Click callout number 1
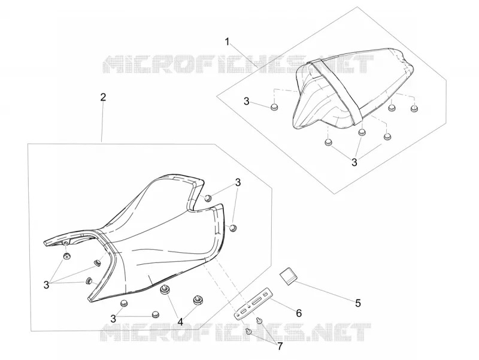227,42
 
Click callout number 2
103,97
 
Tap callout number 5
358,303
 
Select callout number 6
299,313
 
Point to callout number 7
280,347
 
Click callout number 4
181,322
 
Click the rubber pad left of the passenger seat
275,107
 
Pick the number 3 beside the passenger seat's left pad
247,101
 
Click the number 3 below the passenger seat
354,162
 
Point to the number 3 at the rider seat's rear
238,183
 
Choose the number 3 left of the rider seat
46,285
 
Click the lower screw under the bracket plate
248,331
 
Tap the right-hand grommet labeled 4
198,300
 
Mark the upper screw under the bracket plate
259,320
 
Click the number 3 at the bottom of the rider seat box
113,319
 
